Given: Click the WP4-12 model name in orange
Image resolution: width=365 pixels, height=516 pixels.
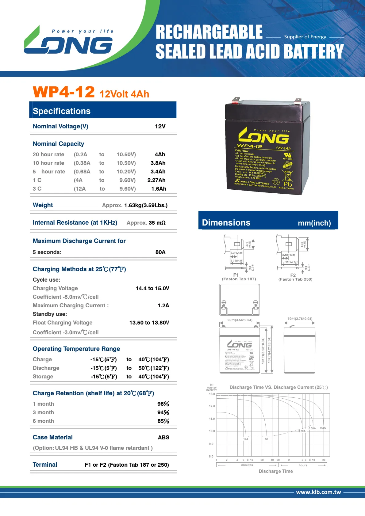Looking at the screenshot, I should [63, 92].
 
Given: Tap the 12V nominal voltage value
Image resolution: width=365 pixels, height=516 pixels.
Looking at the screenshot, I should [160, 127].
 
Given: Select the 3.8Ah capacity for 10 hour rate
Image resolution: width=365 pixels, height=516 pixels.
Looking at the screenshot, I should [158, 163].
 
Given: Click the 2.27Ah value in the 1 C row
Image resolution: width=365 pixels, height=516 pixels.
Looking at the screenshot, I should [156, 180].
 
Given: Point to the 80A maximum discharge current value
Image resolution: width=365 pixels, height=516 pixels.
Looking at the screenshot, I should [160, 252].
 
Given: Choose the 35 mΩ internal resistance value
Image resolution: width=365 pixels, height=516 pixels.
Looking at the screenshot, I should [157, 223].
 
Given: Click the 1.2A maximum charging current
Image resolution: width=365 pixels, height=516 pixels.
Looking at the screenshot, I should [163, 305].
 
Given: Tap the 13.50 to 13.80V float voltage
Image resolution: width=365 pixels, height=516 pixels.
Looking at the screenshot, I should [149, 323].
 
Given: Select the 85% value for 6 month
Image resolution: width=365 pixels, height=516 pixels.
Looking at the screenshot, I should [163, 421].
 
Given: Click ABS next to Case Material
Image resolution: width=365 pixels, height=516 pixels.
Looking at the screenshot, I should [163, 438].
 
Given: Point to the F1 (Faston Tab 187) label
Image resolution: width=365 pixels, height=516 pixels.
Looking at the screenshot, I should [239, 277].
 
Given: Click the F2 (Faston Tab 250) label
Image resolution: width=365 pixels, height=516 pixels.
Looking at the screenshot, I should [295, 277].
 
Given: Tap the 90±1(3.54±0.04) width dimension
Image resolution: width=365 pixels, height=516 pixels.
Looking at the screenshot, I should [240, 320].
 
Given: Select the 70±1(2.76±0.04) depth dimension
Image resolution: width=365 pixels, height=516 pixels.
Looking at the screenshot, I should [300, 319].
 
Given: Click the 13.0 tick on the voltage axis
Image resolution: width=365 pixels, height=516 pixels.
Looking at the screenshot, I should [212, 394].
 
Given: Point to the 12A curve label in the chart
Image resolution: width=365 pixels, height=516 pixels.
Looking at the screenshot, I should [246, 439].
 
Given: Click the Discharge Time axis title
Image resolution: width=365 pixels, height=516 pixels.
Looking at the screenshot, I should [276, 471].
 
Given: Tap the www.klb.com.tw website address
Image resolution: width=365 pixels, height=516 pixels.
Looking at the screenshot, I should [318, 492].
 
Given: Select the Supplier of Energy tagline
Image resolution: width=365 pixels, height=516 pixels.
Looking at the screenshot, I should [305, 37].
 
